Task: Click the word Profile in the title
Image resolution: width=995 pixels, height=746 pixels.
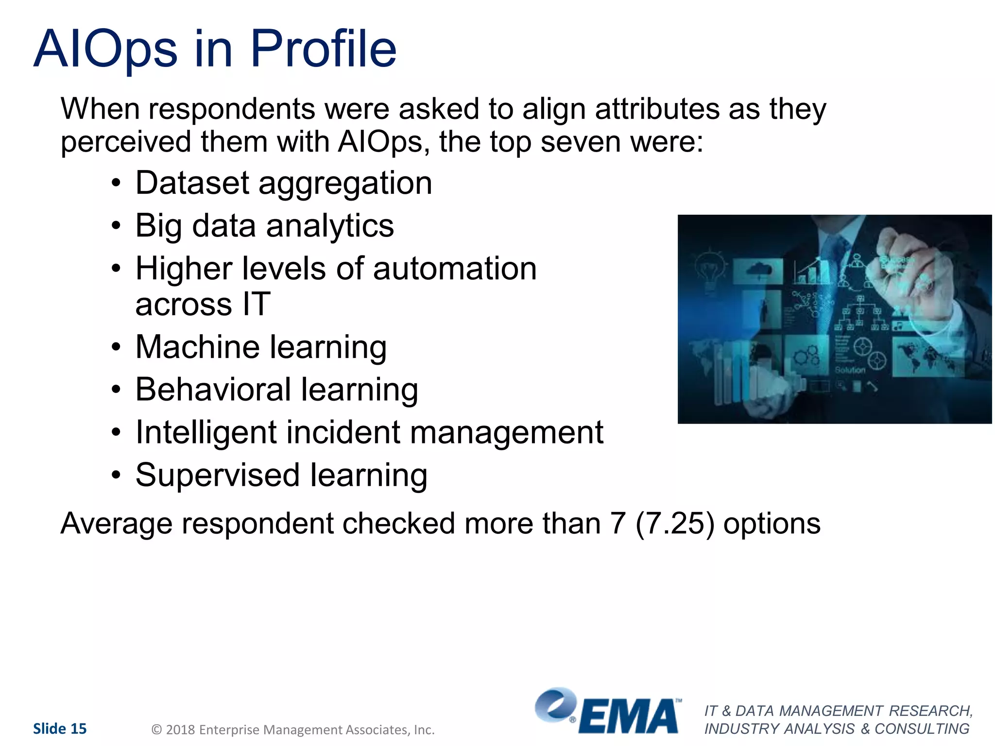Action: click(x=323, y=49)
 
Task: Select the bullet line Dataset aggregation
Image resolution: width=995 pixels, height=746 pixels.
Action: click(x=283, y=184)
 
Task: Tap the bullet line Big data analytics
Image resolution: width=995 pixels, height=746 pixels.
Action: click(x=264, y=226)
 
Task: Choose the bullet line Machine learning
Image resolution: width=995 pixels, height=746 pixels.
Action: click(x=261, y=347)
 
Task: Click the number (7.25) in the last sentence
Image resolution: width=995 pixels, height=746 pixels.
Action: click(x=674, y=524)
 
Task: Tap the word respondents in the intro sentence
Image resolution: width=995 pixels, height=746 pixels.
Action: click(x=232, y=109)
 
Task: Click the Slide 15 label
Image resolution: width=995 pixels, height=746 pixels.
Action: click(x=60, y=729)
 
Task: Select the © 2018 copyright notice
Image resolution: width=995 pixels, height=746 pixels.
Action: click(x=293, y=729)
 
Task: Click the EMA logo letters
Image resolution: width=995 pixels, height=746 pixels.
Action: click(x=629, y=716)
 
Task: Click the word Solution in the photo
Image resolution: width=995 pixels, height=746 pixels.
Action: click(x=850, y=370)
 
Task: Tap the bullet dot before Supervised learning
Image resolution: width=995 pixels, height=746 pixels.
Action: click(x=116, y=475)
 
